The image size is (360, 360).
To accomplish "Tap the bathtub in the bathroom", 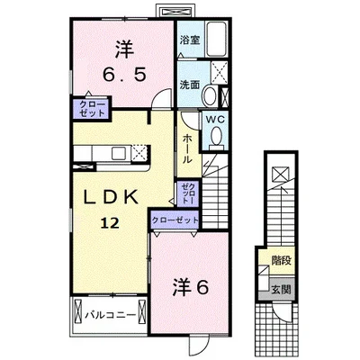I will (217, 40).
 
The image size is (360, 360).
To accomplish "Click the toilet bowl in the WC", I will (215, 136).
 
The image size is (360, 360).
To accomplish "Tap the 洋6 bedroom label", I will (191, 287).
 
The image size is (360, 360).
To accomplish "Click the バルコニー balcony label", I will (109, 315).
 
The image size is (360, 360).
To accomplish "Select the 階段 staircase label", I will (281, 260).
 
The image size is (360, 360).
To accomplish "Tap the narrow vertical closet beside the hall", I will (187, 192).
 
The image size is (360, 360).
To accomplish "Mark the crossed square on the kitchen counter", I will (138, 154).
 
